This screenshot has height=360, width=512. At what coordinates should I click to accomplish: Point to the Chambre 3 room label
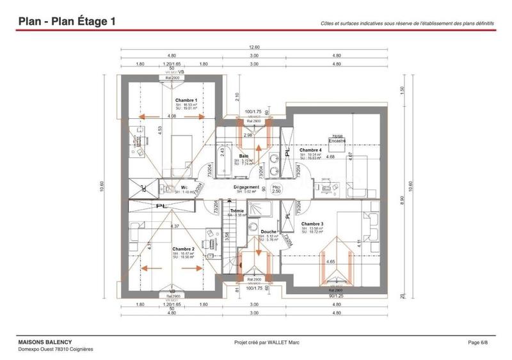[312, 224]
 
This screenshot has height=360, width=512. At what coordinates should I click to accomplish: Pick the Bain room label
[244, 156]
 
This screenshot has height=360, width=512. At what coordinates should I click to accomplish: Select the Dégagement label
[246, 188]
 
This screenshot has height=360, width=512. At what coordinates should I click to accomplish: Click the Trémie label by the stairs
[237, 211]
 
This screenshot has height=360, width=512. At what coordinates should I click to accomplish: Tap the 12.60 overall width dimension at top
[254, 47]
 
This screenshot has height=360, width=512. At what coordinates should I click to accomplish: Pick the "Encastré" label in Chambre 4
[337, 140]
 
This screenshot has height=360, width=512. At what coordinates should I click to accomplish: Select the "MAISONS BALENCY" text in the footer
[45, 343]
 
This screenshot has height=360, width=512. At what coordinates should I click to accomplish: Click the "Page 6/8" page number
[478, 343]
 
